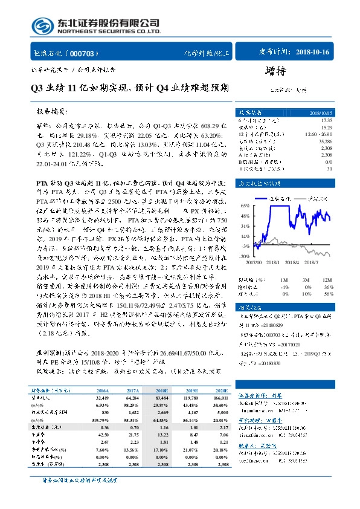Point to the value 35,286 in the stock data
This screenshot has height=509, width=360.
324,139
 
